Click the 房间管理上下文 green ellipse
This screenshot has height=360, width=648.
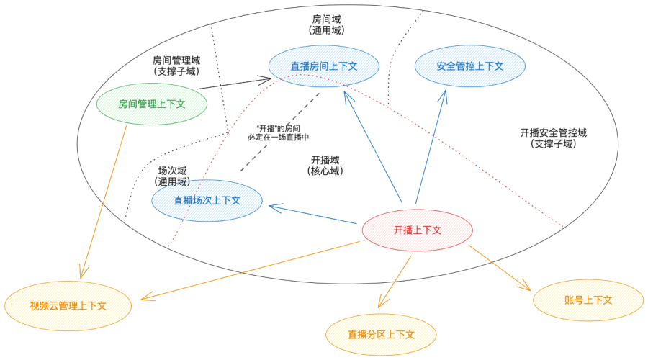click(152, 104)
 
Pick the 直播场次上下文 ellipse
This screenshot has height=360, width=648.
click(207, 200)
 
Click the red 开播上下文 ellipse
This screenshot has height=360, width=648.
click(417, 230)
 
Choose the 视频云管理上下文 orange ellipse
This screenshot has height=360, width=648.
click(68, 305)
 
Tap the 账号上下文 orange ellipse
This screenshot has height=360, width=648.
click(588, 300)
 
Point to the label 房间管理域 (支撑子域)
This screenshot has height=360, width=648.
click(176, 66)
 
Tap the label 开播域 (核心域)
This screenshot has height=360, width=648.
click(325, 166)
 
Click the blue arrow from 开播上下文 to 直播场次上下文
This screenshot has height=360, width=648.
click(313, 215)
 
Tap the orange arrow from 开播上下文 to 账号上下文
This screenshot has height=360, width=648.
click(500, 267)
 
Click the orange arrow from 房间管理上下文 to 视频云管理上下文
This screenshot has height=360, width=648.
click(105, 202)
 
